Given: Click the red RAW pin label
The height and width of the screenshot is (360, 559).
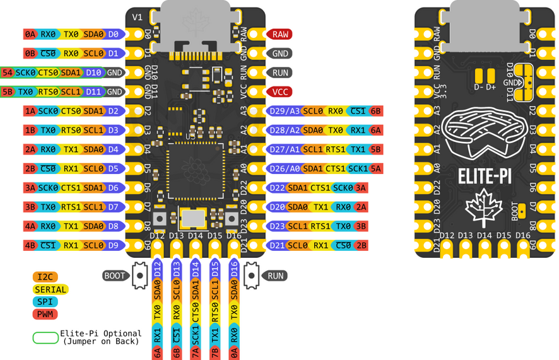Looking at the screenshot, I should tap(280, 34).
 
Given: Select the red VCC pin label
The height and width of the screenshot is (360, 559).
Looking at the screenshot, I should tap(280, 91).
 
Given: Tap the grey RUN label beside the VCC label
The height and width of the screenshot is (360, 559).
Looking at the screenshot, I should tap(280, 73).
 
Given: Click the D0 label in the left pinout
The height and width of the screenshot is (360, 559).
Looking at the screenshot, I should tap(114, 34).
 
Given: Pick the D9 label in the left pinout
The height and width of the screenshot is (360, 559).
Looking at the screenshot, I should tap(114, 245).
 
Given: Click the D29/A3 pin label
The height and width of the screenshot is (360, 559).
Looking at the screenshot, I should tap(285, 111).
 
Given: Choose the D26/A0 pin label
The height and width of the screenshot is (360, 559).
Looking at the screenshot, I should tap(285, 168).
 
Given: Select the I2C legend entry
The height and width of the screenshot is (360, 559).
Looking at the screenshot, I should tap(45, 277).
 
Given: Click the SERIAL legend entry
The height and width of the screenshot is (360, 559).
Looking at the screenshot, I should tap(50, 289).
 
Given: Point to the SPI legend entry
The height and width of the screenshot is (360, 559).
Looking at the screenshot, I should tap(45, 301).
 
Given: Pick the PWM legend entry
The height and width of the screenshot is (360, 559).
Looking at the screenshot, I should tap(45, 313).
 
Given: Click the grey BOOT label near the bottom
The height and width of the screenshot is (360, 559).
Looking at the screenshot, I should tap(114, 276).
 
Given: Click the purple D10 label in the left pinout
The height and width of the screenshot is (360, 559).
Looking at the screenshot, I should tap(93, 73).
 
